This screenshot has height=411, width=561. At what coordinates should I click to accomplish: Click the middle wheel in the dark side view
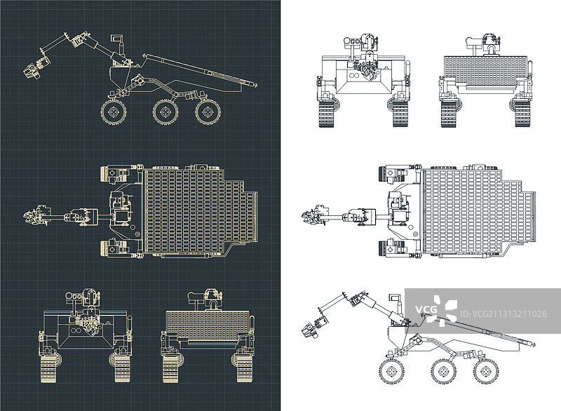[x=165, y=112]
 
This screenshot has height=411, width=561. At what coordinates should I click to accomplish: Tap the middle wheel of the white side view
[x=444, y=371]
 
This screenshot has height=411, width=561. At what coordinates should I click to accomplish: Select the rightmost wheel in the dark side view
[x=208, y=112]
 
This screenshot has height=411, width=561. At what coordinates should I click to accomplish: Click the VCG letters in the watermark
[x=426, y=309]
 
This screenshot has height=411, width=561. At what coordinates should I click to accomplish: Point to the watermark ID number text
[x=503, y=314]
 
